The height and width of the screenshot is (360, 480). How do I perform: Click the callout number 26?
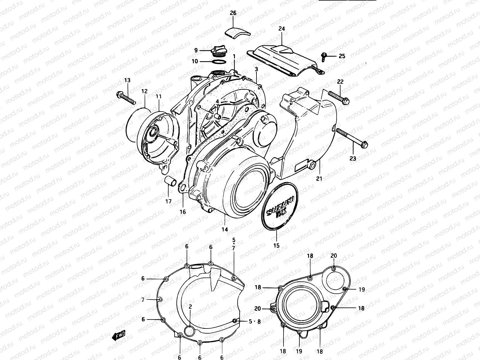(x=233, y=13)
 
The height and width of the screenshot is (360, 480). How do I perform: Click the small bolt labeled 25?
(x=324, y=56)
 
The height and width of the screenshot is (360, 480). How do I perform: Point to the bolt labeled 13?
(x=125, y=97)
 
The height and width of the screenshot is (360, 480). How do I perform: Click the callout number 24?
(x=281, y=29)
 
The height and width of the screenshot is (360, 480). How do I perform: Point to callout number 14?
(x=225, y=229)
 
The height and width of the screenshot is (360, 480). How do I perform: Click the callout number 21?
(x=319, y=178)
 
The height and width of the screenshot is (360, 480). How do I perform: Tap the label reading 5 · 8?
(x=255, y=321)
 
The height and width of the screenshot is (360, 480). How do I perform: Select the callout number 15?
(x=276, y=245)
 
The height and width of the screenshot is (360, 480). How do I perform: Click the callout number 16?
(x=183, y=212)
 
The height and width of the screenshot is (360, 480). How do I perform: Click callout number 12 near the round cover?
(x=145, y=91)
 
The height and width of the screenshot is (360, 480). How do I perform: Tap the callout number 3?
(x=256, y=69)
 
